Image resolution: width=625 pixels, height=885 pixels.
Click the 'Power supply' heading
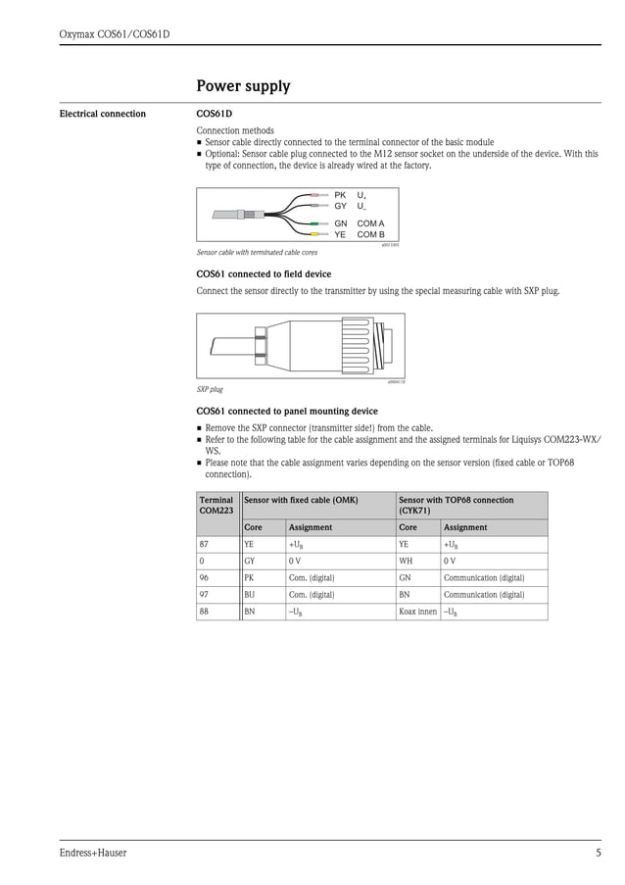point(243,86)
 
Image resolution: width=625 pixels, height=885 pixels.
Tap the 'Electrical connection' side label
point(102,114)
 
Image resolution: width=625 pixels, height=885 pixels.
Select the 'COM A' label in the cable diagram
point(370,224)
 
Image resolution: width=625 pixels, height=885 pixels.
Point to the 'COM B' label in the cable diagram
point(370,235)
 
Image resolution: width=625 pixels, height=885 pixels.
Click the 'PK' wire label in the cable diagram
point(340,196)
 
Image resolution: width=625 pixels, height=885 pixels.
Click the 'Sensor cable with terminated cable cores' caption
point(257,252)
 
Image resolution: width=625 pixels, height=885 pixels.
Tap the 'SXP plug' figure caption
point(210,389)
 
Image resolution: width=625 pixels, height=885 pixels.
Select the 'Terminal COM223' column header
point(216,505)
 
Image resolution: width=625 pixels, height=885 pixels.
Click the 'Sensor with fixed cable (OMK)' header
point(300,500)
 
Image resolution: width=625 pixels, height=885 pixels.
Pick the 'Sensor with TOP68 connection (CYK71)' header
point(456,505)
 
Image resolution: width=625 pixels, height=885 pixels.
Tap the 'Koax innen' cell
point(417,612)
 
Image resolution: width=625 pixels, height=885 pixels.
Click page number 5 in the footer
point(598,853)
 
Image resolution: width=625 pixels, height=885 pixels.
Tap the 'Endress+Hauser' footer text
point(93,853)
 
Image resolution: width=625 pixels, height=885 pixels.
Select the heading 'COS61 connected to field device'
point(264,274)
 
